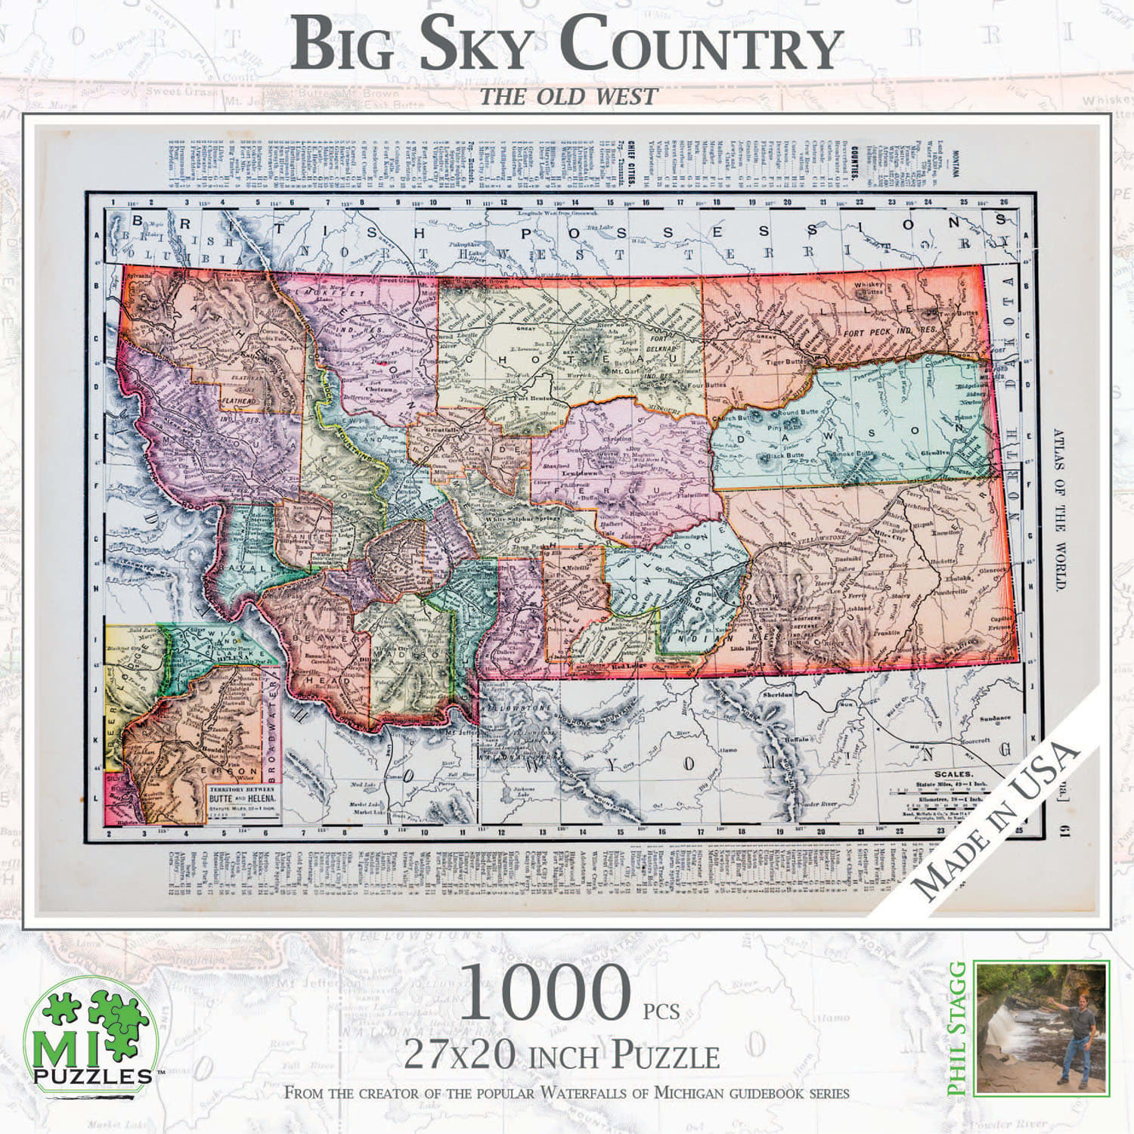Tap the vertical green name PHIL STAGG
click(x=959, y=1028)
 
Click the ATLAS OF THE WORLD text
click(x=1058, y=510)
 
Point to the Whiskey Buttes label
click(x=869, y=288)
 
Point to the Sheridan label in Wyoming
click(x=779, y=693)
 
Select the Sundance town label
click(x=994, y=717)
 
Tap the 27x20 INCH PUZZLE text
click(x=561, y=1055)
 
